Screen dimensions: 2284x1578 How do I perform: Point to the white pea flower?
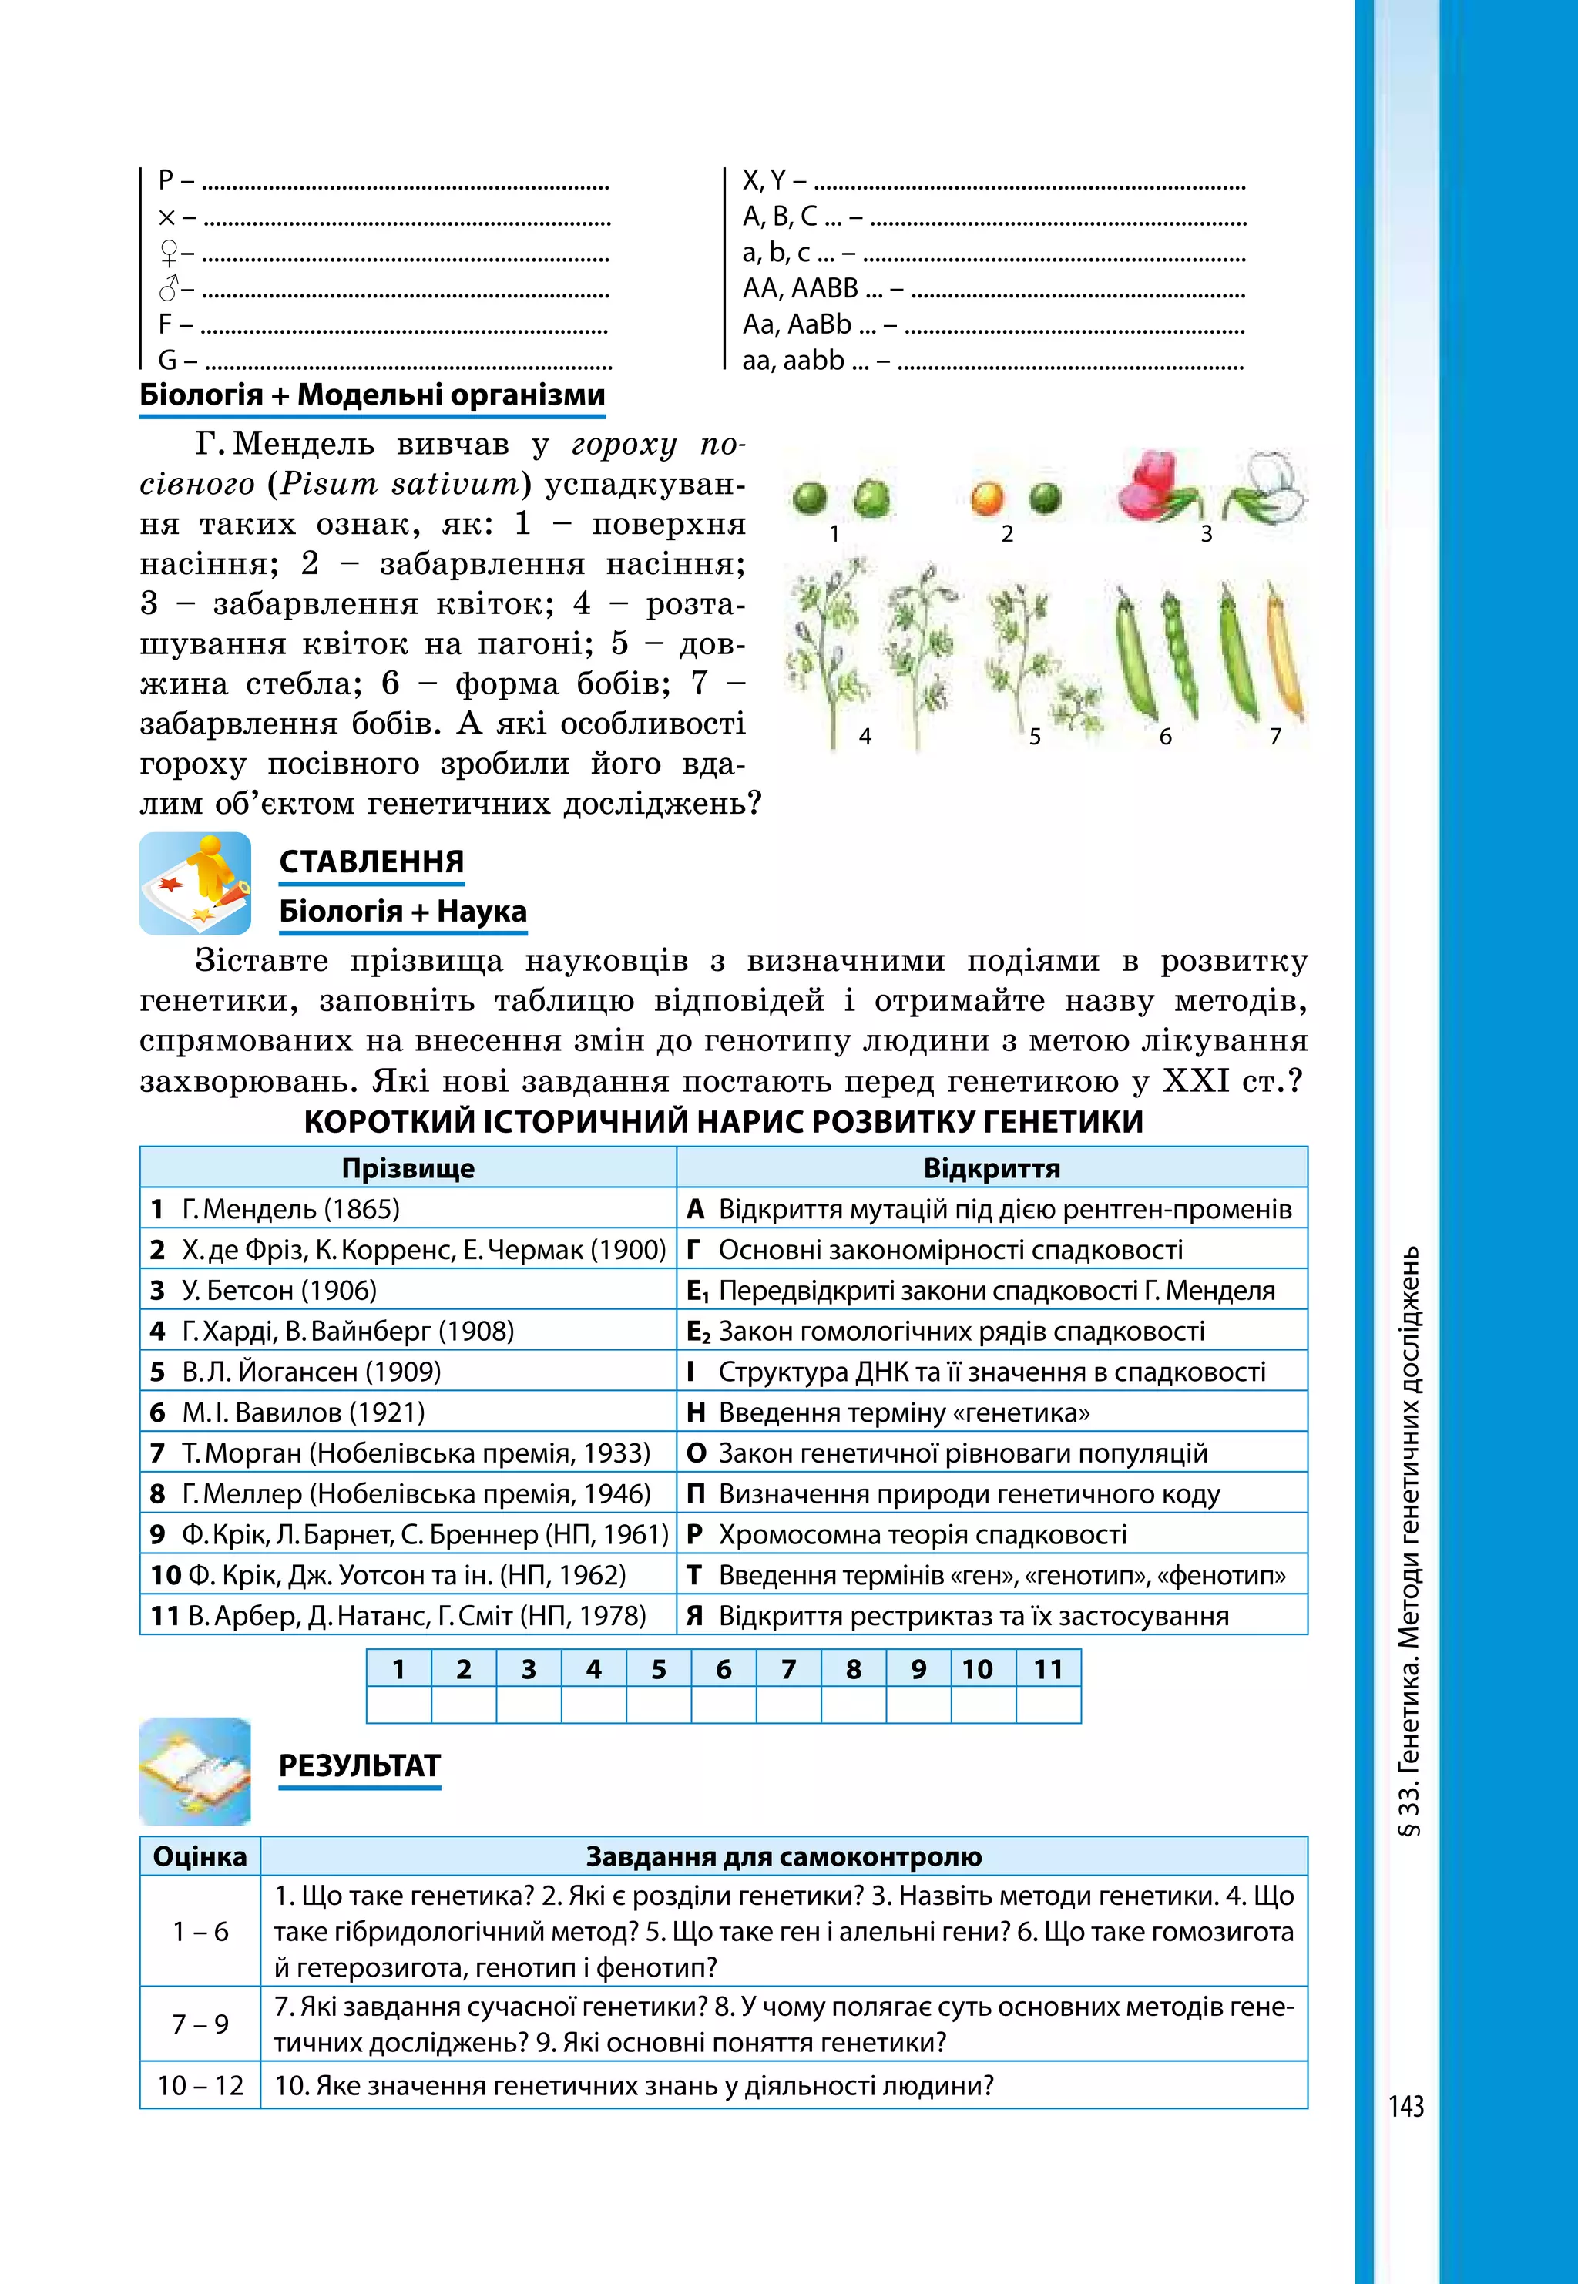point(1270,486)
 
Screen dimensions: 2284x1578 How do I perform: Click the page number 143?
point(1405,2107)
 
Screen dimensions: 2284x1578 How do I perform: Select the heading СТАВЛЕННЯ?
point(371,862)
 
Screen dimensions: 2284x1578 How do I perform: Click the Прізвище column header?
point(408,1167)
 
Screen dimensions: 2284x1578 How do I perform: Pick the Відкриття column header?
point(991,1167)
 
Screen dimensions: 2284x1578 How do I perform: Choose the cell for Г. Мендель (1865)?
point(408,1208)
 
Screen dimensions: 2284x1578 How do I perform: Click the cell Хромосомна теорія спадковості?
point(991,1533)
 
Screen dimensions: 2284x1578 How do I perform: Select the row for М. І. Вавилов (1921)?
point(408,1412)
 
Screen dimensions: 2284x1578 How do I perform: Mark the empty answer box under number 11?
point(1048,1705)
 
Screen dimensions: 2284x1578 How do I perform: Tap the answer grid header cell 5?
point(659,1669)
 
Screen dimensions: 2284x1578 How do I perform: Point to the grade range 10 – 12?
point(200,2085)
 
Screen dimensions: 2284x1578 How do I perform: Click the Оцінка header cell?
point(200,1856)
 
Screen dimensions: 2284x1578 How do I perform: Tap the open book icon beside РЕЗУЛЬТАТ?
point(195,1771)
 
